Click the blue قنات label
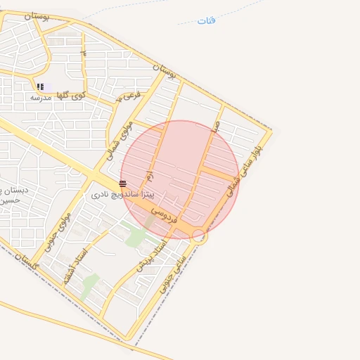pyautogui.click(x=207, y=20)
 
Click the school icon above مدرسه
pyautogui.click(x=40, y=86)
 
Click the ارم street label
pyautogui.click(x=149, y=174)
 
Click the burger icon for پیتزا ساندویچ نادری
pyautogui.click(x=123, y=184)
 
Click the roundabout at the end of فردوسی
pyautogui.click(x=199, y=236)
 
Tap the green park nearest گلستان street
pyautogui.click(x=89, y=285)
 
